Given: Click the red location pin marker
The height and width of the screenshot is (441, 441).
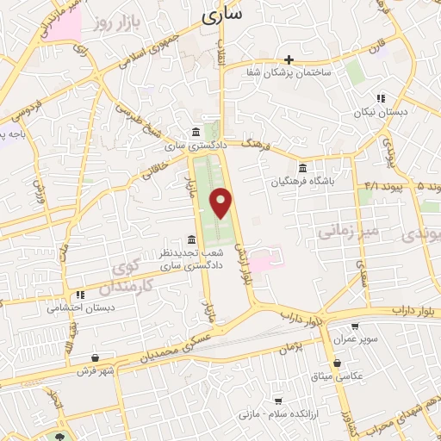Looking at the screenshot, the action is coord(222,203).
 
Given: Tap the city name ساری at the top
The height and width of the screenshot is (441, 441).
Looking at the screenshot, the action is coord(221,15).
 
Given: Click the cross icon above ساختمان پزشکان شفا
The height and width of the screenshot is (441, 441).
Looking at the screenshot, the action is coord(289,59).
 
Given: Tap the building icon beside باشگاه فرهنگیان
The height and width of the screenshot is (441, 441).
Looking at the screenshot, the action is coord(302,169).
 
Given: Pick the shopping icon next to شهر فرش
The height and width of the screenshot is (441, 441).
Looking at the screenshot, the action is coord(95,357).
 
